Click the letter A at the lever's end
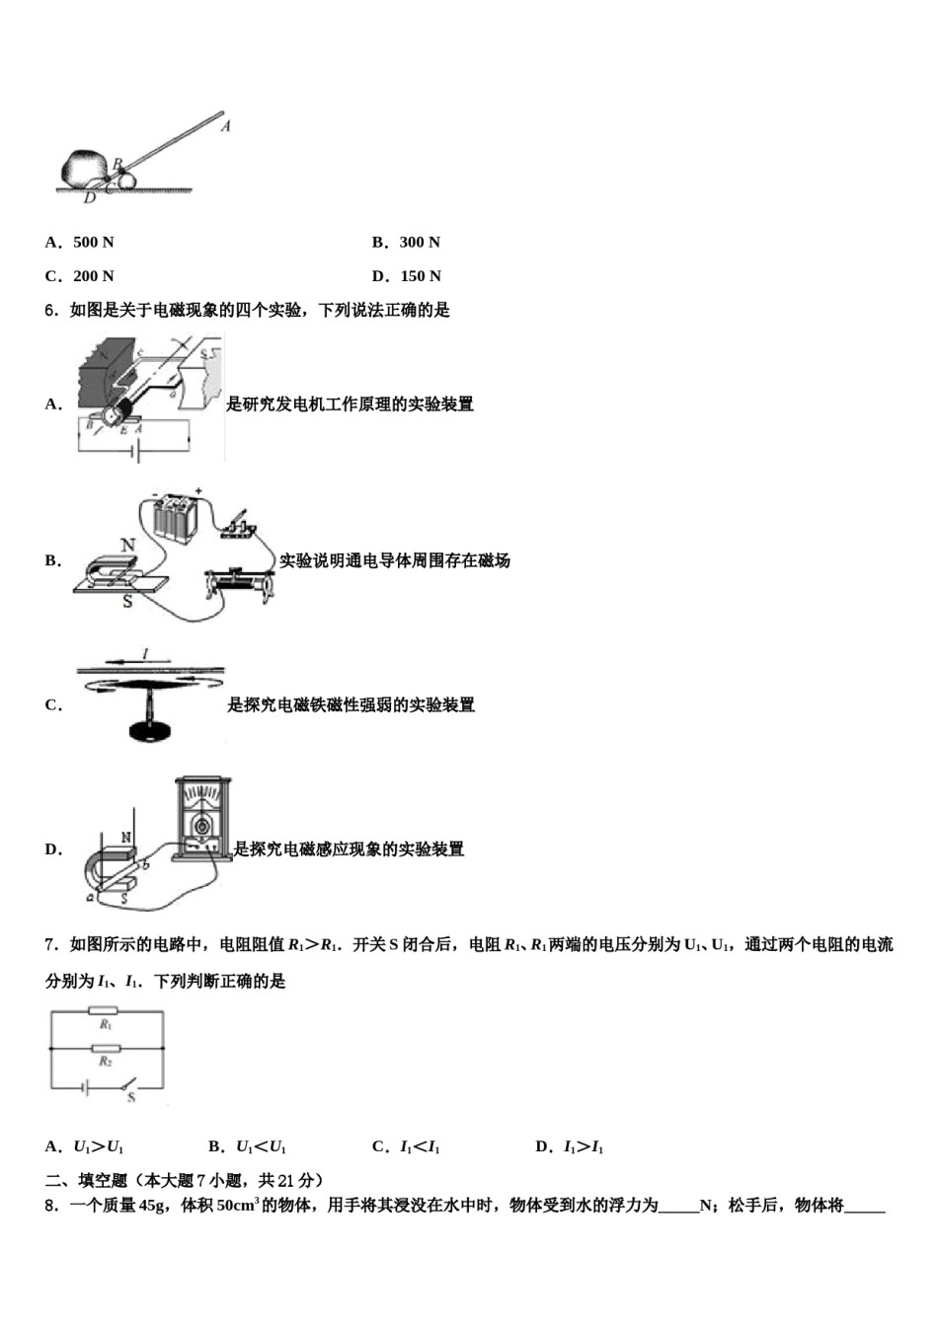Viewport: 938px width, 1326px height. pos(226,126)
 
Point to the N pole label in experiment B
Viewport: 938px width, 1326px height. pos(127,546)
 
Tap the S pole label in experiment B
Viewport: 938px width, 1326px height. pos(127,601)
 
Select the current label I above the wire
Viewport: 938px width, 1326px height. pos(145,654)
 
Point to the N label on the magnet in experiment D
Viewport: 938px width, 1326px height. pos(126,838)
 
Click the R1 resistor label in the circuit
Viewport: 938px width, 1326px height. pos(105,1025)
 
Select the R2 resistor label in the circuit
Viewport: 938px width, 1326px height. pos(105,1062)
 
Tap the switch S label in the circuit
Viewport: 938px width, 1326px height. pos(131,1097)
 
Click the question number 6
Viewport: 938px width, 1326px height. pos(50,311)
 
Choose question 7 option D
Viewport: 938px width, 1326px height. pos(570,1146)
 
